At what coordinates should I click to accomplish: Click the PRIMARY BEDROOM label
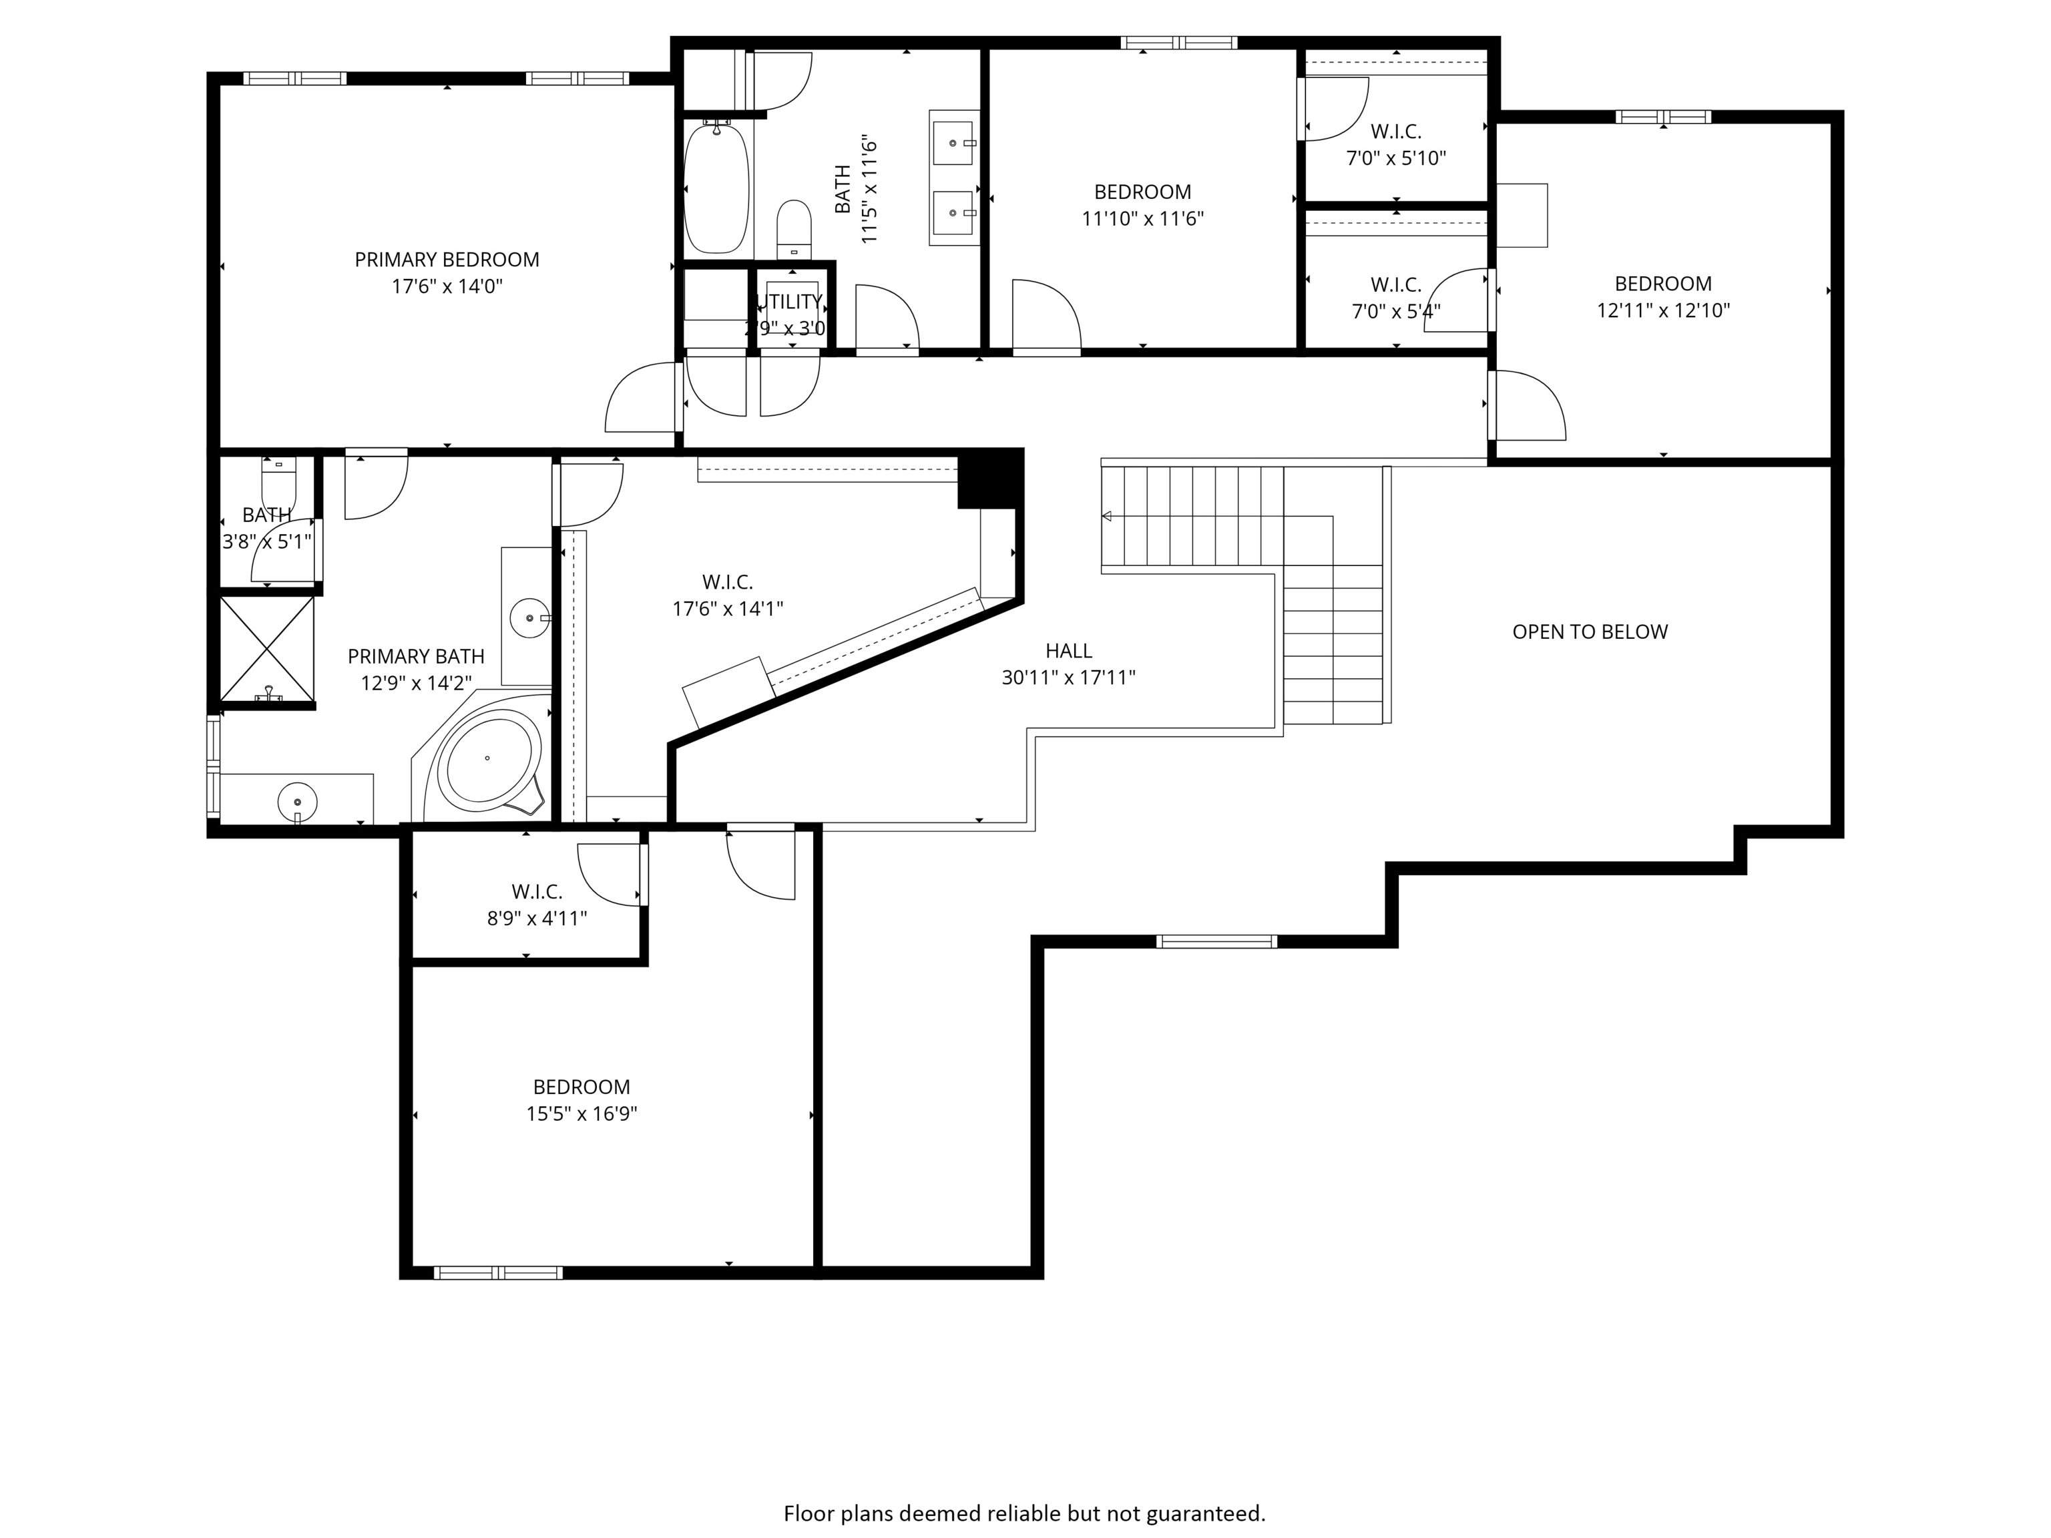446,260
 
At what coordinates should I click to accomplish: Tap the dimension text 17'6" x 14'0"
446,286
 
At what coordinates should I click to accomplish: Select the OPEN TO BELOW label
1589,632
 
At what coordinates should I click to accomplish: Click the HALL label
1068,651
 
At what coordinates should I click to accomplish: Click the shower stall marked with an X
267,649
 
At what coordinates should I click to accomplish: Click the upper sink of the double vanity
952,144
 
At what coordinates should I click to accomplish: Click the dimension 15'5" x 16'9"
582,1113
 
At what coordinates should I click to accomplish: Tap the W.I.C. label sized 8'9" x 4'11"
537,892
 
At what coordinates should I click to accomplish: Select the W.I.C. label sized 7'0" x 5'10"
1395,132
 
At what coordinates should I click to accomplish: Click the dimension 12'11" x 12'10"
1662,310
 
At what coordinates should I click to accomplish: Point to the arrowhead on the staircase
1106,517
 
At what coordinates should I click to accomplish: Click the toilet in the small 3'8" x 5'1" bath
278,482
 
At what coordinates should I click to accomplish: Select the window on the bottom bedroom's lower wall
498,1273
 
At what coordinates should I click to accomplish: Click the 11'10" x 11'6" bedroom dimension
1142,219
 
